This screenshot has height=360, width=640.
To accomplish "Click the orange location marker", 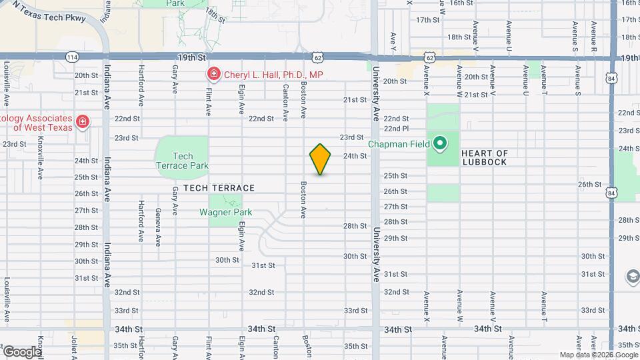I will point(321,159).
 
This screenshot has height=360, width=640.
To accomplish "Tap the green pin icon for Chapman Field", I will point(440,143).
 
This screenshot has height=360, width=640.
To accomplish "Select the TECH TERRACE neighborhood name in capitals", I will point(219,188).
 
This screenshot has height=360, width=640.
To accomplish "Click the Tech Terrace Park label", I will point(182,161).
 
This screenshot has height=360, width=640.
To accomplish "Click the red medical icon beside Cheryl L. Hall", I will point(213,74).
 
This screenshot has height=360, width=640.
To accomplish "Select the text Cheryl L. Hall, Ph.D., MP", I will point(273,75).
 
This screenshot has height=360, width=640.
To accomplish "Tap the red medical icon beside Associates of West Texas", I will point(82,121).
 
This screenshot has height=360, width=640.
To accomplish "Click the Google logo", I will point(21,351).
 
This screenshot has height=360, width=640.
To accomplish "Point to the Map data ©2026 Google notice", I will point(598,355).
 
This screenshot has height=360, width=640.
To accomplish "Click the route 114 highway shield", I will point(72,58).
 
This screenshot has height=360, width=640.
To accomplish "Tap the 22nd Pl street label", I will point(395,129).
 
